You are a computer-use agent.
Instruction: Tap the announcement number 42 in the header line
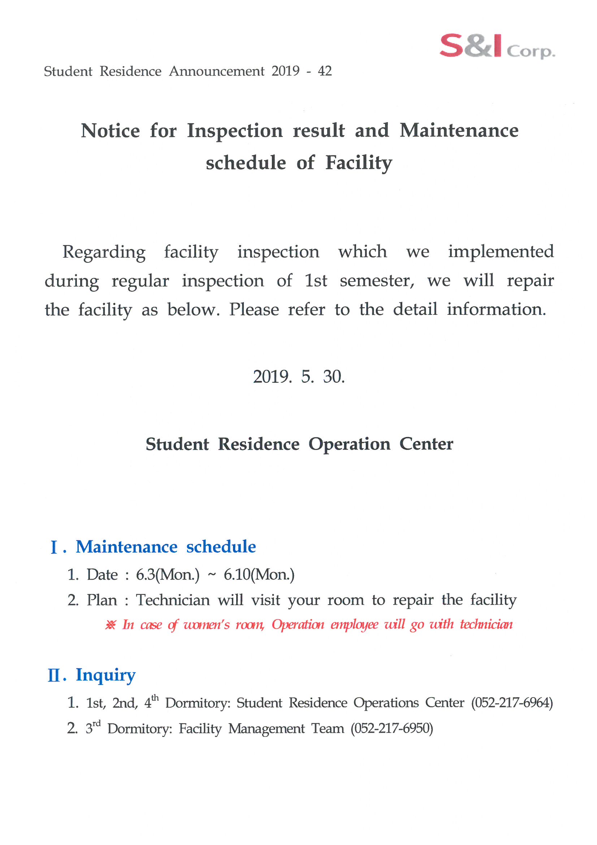point(325,71)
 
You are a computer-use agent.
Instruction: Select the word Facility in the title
point(359,163)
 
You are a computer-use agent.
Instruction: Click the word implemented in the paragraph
point(500,252)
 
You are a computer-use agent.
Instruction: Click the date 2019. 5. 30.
point(299,377)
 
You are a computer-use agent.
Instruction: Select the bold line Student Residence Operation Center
point(299,444)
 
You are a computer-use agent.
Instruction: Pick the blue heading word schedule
point(221,547)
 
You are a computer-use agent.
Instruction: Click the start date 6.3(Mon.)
point(167,575)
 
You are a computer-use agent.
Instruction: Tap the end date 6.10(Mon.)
point(259,575)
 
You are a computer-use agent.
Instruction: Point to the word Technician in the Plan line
point(173,600)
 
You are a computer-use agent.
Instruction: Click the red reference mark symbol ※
point(111,625)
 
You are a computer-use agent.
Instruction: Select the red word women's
point(206,625)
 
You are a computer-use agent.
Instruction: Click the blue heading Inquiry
point(105,675)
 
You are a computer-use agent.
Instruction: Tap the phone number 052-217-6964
point(512,703)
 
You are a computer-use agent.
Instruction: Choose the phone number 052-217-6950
point(392,729)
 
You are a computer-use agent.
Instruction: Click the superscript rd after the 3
point(97,724)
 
